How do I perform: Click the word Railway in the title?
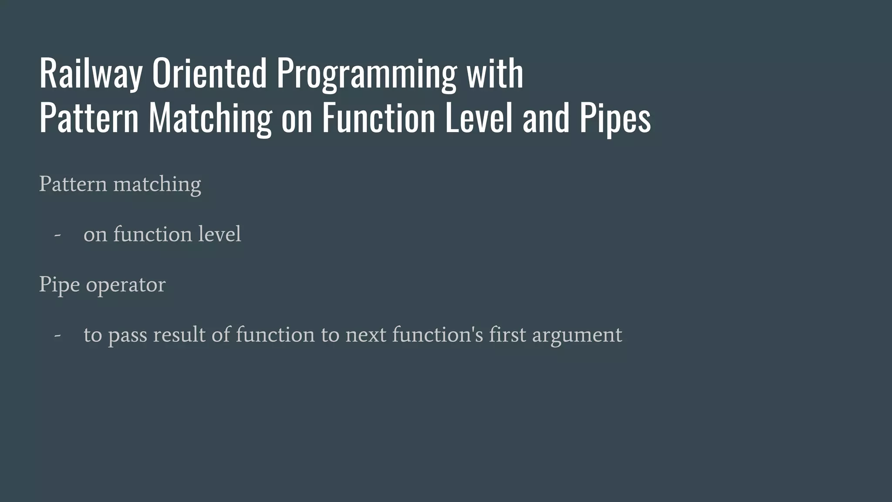tap(91, 74)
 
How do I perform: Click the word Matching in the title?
tap(210, 119)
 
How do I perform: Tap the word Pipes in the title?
tap(615, 119)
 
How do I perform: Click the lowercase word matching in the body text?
tap(157, 184)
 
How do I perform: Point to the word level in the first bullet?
tap(220, 234)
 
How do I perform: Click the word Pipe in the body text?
tap(59, 285)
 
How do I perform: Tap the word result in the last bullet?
tap(179, 335)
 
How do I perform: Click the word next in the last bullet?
tap(366, 335)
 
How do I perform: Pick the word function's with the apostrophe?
tap(437, 335)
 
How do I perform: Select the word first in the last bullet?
tap(507, 335)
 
